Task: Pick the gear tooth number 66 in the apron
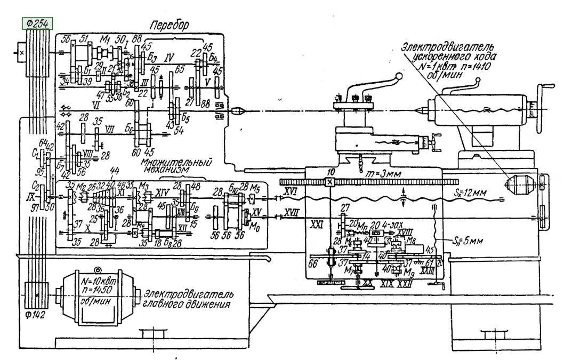[x=314, y=263]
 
